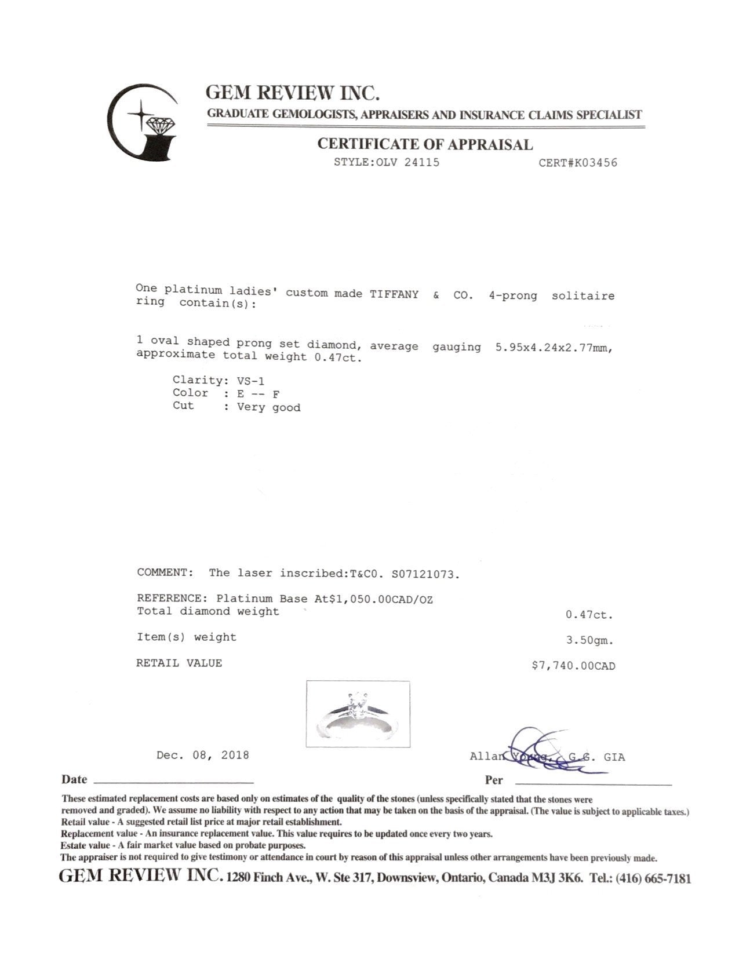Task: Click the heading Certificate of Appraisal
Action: pos(424,144)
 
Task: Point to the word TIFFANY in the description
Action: pos(394,294)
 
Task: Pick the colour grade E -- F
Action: pos(259,394)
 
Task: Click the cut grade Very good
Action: pos(268,407)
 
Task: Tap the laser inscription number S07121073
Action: pos(425,574)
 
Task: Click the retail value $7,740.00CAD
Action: pos(573,666)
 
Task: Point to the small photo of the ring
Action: pos(358,713)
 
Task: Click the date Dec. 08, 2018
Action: pos(202,756)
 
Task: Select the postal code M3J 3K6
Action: pos(557,878)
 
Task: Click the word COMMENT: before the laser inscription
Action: pos(165,572)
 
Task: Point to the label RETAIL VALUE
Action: pos(179,663)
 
